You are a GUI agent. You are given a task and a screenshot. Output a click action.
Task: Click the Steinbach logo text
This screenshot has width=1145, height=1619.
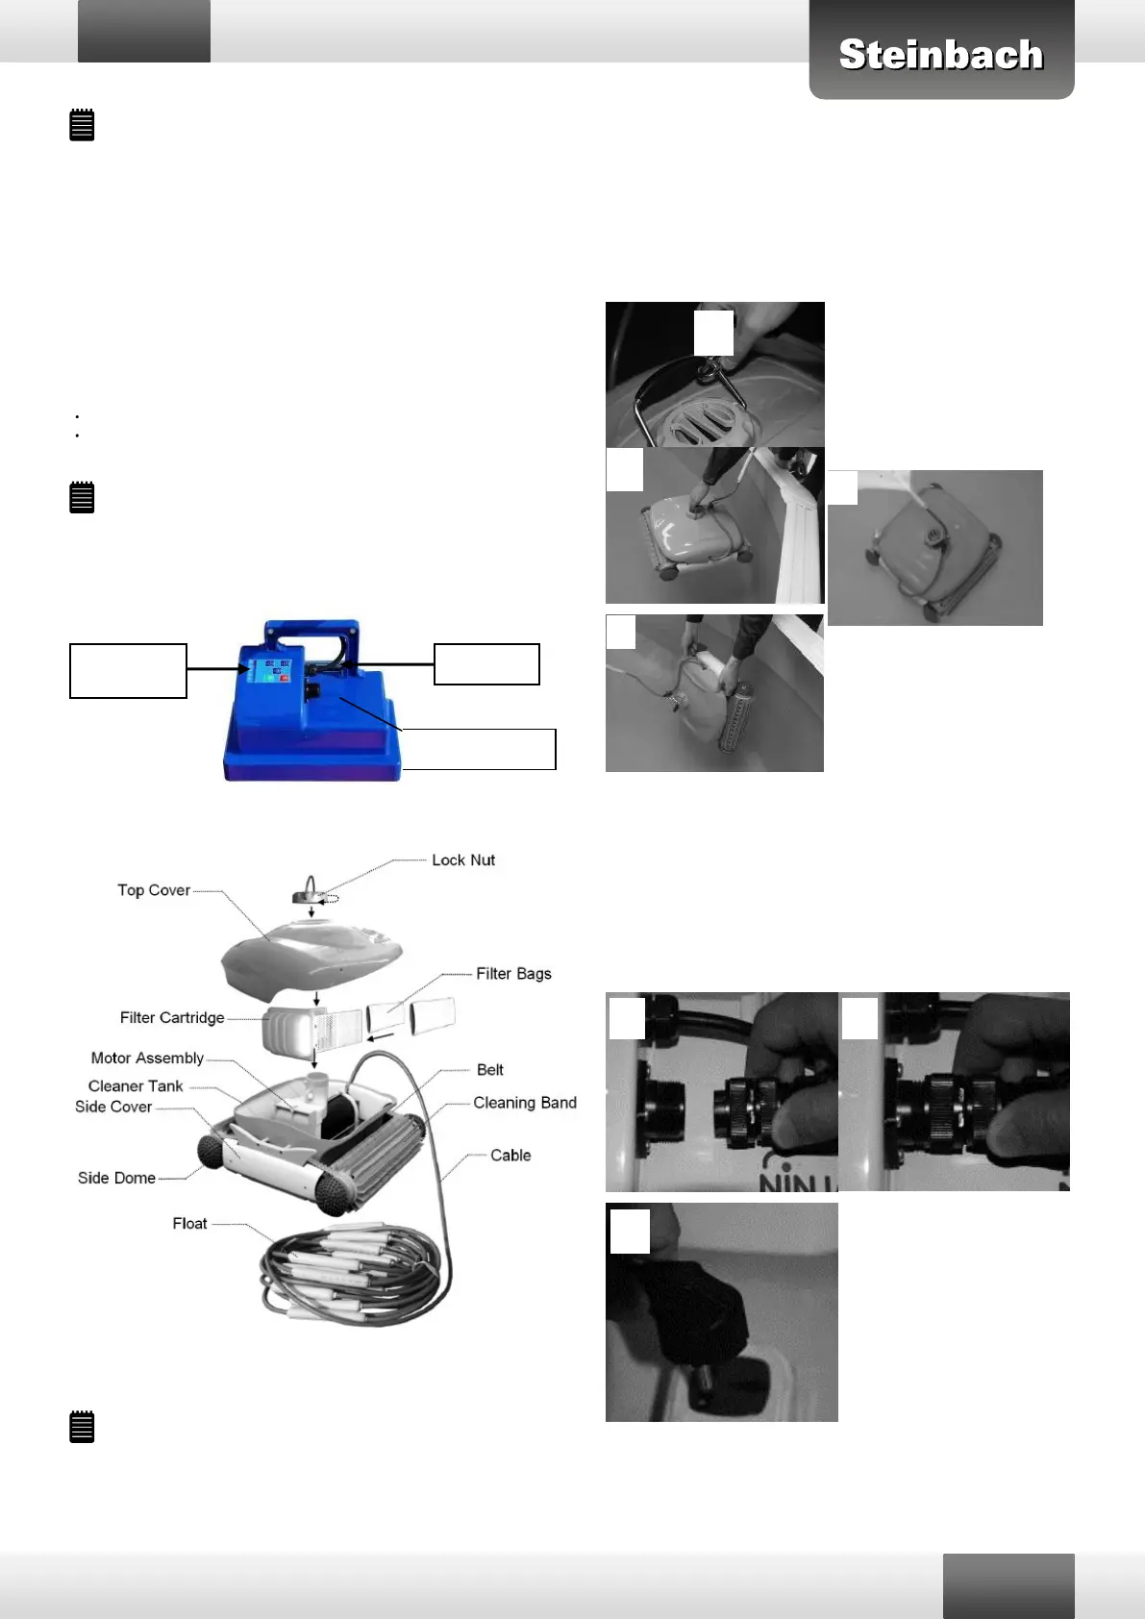click(x=940, y=55)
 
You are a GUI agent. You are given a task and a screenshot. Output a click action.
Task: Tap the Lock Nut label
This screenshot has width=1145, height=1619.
click(x=462, y=860)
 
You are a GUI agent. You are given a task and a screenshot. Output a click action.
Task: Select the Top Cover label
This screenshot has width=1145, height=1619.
click(x=154, y=890)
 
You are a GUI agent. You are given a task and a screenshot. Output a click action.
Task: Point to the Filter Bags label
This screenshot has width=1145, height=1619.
click(x=513, y=974)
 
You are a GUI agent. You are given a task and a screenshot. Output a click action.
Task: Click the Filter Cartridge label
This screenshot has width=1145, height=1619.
click(x=172, y=1017)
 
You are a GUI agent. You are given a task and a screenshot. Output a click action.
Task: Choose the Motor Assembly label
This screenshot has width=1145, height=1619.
click(x=147, y=1058)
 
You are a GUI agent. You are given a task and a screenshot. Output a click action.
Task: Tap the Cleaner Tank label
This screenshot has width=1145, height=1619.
click(x=136, y=1085)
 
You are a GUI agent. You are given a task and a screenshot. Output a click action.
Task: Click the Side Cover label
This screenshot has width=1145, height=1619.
click(x=113, y=1107)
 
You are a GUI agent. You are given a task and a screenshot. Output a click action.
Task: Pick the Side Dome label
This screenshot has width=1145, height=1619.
click(x=116, y=1178)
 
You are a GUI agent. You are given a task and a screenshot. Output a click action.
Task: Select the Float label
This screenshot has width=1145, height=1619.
click(x=189, y=1223)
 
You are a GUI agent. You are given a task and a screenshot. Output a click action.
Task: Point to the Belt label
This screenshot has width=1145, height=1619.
click(x=489, y=1070)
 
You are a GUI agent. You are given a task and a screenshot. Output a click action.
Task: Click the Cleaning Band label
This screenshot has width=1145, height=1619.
click(x=525, y=1103)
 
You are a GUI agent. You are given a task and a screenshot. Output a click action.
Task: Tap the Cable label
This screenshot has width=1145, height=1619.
click(x=510, y=1156)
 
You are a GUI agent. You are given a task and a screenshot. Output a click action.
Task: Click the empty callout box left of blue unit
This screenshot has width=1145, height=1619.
click(x=128, y=670)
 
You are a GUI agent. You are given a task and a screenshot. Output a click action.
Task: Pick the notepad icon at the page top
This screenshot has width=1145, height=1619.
click(x=83, y=125)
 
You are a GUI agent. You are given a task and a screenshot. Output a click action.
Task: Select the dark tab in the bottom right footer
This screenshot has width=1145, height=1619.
click(x=1008, y=1585)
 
